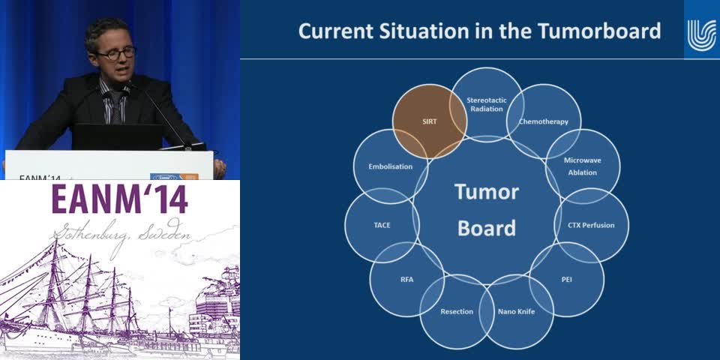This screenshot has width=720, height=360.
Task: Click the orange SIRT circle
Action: point(430,121)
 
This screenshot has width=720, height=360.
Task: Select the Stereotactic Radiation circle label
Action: point(487,104)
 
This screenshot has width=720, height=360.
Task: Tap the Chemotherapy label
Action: point(544,121)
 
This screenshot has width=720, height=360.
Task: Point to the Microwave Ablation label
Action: point(583,166)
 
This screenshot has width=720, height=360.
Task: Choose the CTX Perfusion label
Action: point(591,225)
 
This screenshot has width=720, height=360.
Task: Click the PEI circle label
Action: point(567,279)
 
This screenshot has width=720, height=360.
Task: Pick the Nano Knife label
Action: point(517,311)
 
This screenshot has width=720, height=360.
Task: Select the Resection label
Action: point(457,311)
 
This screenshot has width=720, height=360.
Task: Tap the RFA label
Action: point(406,279)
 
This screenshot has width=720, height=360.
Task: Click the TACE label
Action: point(382,225)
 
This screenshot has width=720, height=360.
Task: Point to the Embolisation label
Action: point(390,166)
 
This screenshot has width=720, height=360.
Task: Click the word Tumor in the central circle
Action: point(487,191)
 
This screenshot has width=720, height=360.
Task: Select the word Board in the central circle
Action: point(487,228)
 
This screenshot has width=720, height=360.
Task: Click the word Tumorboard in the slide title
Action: point(599,31)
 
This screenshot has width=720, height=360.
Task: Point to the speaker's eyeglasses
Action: point(115,52)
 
